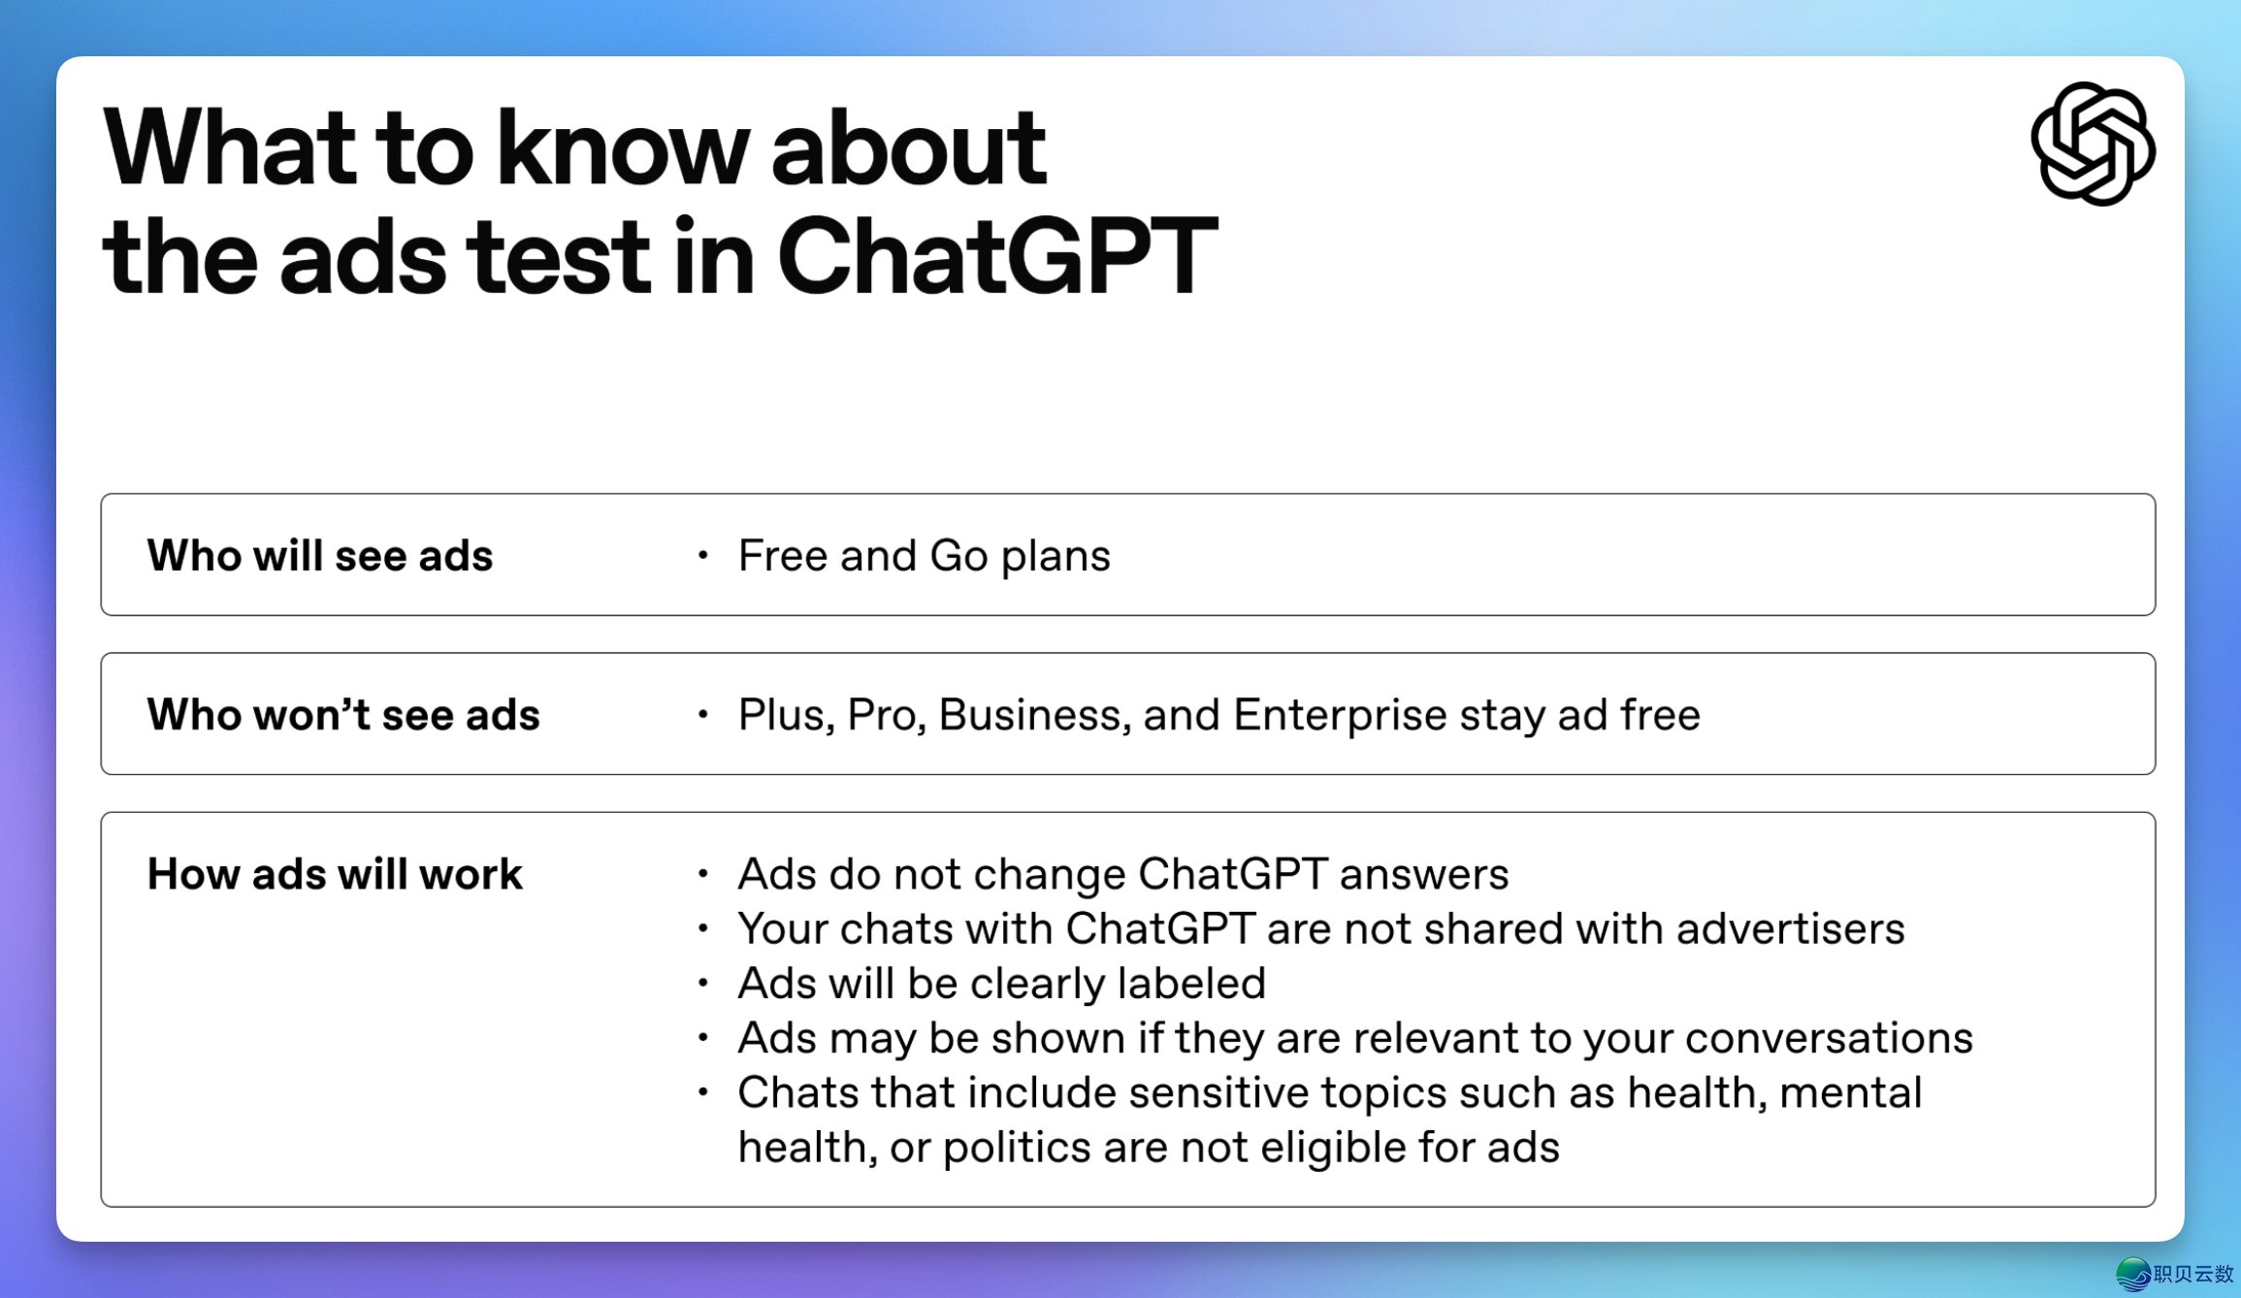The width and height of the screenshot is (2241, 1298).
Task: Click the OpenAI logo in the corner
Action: point(2093,144)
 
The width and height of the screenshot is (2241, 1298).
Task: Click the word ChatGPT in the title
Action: point(997,257)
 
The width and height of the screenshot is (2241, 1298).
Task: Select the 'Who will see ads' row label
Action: point(320,556)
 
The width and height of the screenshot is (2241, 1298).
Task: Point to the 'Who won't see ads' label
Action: point(343,715)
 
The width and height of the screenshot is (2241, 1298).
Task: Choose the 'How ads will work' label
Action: point(335,874)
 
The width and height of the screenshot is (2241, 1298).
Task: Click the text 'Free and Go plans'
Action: point(924,557)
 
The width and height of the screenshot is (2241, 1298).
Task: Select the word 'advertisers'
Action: point(1790,929)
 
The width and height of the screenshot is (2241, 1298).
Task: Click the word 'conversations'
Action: point(1829,1038)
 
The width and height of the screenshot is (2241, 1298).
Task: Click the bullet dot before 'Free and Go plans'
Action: point(703,556)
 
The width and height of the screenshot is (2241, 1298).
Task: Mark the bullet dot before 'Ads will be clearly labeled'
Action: point(703,984)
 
